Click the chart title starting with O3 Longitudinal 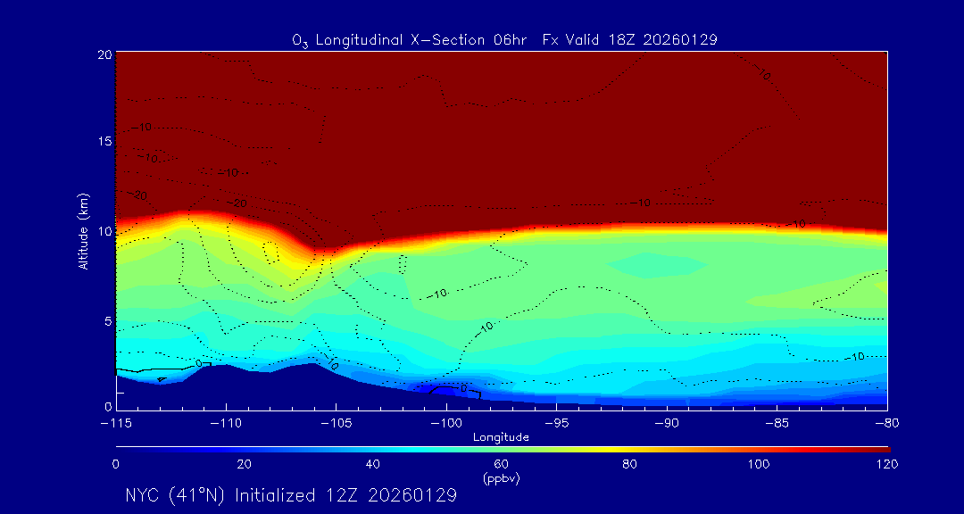click(505, 39)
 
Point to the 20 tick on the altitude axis click(104, 54)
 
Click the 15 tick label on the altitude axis click(104, 142)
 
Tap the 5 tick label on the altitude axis click(107, 320)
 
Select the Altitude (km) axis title click(83, 231)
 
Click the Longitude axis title click(501, 437)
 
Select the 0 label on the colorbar click(115, 464)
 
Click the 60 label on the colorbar click(501, 464)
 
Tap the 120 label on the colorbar click(886, 464)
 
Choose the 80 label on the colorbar click(629, 464)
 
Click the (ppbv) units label click(501, 478)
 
